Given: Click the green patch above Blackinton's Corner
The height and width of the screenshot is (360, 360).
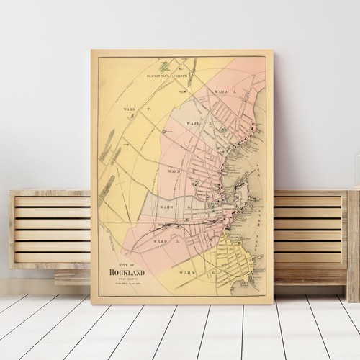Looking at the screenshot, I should pos(167,64).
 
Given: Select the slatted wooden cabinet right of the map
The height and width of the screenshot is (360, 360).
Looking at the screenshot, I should pos(310,230).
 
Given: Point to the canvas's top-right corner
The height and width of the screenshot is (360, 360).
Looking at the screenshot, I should pos(274,50).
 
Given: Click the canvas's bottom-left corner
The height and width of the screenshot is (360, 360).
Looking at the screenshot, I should pos(91,304).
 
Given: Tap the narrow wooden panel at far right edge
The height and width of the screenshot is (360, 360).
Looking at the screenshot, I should pos(354,245).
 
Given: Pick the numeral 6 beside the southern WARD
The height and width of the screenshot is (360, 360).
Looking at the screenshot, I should pos(213,273).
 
